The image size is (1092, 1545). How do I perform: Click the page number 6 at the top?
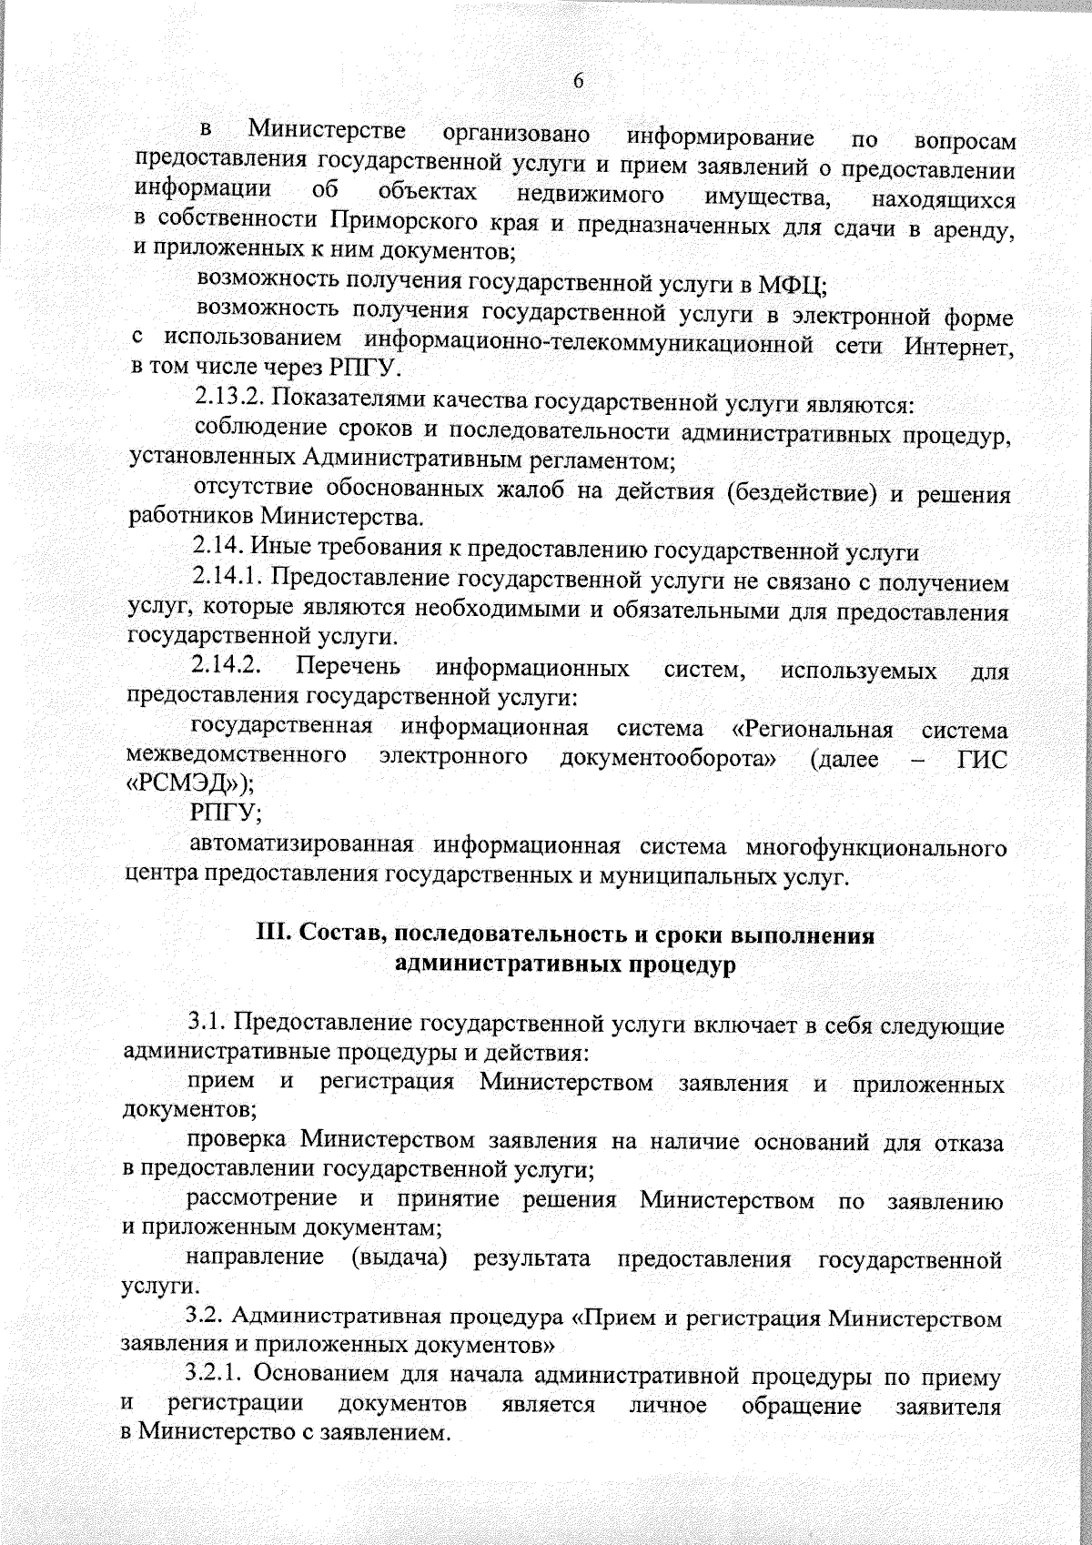pos(578,82)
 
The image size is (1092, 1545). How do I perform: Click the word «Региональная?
pos(813,730)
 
